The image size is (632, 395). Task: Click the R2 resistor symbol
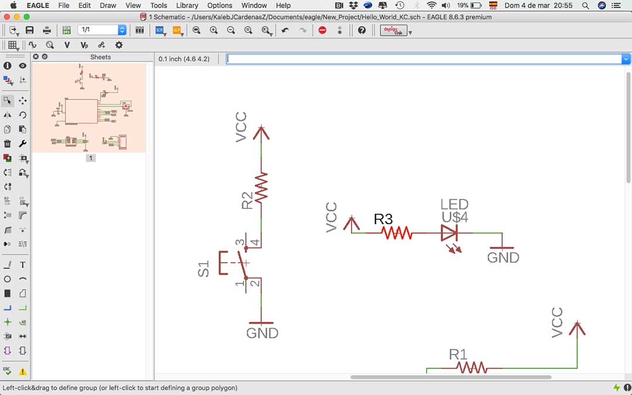coord(262,186)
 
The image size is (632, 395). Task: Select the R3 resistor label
coord(383,219)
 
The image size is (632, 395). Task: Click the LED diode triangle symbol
coord(449,233)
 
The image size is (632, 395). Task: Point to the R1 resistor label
coord(458,354)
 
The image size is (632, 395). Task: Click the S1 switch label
coord(204,269)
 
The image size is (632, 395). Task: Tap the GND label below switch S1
coord(262,334)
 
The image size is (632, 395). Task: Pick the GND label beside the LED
coord(503,257)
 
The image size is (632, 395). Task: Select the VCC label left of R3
coord(332,217)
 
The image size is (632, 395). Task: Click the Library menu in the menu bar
coord(187,5)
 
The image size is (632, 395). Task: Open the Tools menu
coord(159,5)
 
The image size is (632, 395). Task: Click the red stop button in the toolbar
coord(322,30)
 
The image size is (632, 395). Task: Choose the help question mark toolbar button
coord(362,30)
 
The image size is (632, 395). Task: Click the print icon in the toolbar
coord(47,30)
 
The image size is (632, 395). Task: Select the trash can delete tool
coord(8,143)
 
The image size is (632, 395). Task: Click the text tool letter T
coord(23,265)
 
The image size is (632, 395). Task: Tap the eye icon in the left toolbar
coord(23,66)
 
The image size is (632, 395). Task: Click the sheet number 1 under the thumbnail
coord(91,158)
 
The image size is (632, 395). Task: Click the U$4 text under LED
coord(455,217)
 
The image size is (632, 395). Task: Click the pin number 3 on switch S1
coord(239,242)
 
